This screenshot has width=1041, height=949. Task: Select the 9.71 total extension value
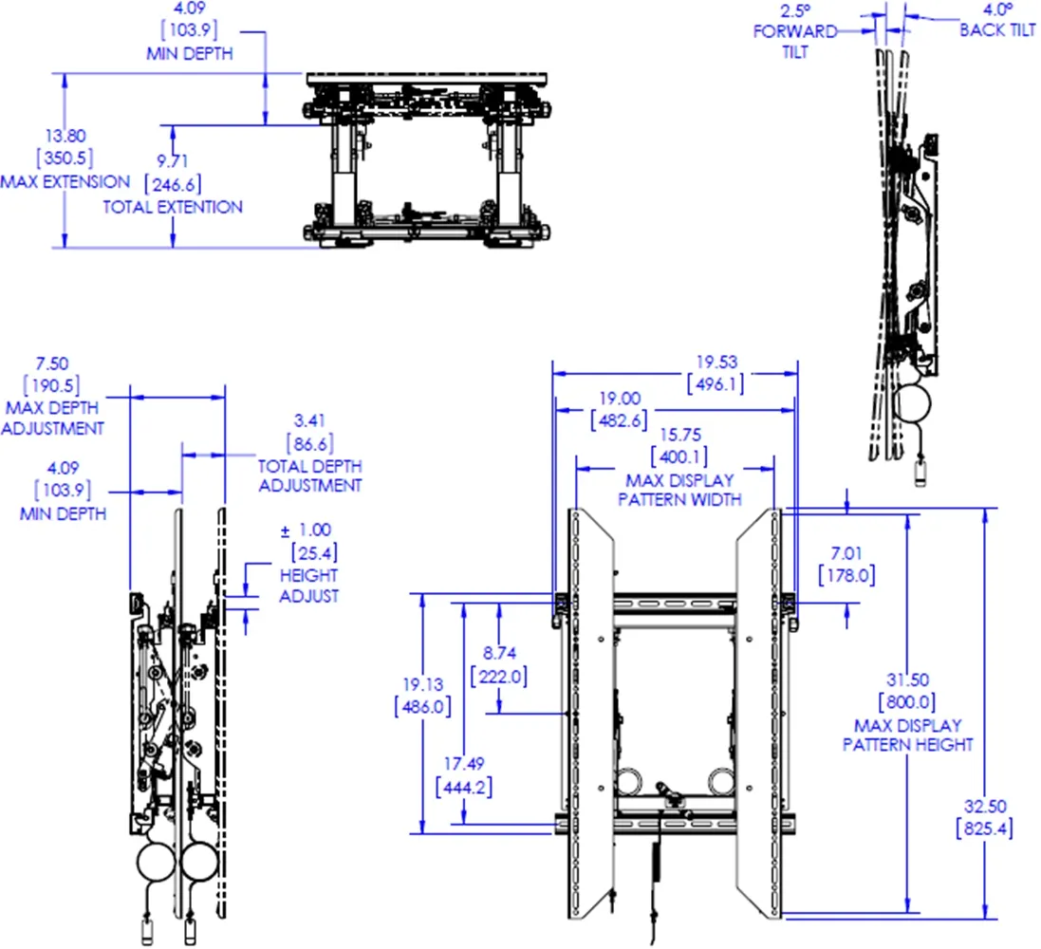[172, 161]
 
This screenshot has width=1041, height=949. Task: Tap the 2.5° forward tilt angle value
[794, 10]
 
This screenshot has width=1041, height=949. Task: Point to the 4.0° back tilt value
[996, 10]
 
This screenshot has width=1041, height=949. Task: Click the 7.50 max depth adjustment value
[52, 363]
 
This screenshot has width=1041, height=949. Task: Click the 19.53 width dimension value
[716, 362]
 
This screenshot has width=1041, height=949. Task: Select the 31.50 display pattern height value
[909, 680]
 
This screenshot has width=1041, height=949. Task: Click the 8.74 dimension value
[499, 654]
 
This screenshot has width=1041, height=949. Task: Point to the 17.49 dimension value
[463, 764]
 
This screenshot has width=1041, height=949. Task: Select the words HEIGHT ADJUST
[309, 586]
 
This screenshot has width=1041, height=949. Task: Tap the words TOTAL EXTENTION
[173, 207]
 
